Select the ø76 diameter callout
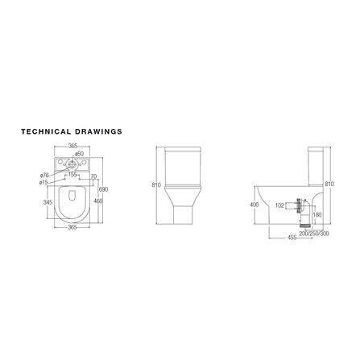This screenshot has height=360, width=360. coord(44,175)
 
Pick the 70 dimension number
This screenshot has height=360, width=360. coord(93,176)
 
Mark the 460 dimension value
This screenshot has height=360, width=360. coord(97,201)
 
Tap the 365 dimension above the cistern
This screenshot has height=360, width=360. coord(73,145)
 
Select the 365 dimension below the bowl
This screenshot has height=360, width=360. coord(72,228)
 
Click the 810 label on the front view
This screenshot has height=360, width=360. coord(156,185)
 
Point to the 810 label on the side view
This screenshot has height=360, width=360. coord(329,184)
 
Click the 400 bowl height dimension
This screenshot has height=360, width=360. coord(255,205)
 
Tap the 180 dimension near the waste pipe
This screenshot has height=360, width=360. coord(317,215)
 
